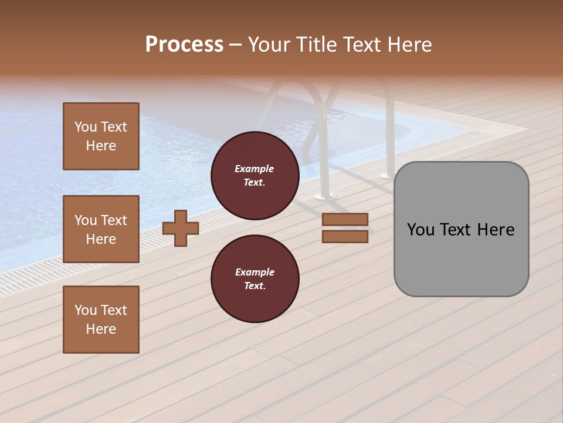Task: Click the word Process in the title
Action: tap(184, 45)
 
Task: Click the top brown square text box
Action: tap(101, 136)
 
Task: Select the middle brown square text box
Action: tap(101, 229)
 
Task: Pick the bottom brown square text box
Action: tap(101, 320)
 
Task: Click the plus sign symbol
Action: tap(181, 228)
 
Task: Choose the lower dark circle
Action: tap(255, 279)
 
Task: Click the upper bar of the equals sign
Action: tap(345, 219)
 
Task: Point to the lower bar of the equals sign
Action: tap(345, 237)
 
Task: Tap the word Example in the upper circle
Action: tap(255, 169)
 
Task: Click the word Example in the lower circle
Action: tap(255, 272)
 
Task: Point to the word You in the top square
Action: tap(86, 127)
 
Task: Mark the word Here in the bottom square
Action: tap(101, 329)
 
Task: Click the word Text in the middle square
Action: tap(113, 220)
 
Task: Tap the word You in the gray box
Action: tap(420, 230)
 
